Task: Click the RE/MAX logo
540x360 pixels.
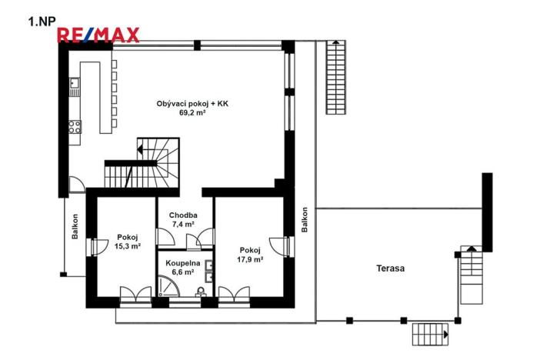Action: [x=98, y=34]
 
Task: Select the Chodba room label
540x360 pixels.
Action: [x=185, y=215]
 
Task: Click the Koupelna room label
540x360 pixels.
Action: [x=184, y=263]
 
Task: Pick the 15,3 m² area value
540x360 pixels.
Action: [x=127, y=247]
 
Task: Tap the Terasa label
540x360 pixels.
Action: [x=390, y=268]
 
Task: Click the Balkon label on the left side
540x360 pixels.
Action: [x=75, y=226]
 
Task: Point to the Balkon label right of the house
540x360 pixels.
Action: [x=305, y=219]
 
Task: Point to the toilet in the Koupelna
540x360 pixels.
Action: [x=201, y=292]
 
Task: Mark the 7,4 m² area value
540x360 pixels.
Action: [x=185, y=225]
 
